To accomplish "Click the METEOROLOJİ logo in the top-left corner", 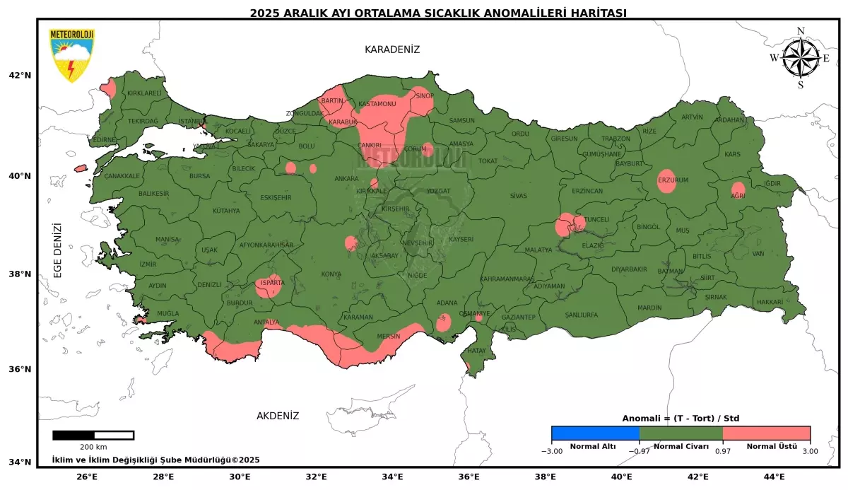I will [71, 55].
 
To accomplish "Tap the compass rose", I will [800, 58].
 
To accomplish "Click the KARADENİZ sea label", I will [392, 49].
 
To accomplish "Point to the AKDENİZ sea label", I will [278, 416].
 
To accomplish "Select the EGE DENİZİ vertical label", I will [58, 250].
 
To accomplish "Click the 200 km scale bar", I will [93, 435].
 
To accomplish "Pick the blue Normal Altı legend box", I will [595, 433].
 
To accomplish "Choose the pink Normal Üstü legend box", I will [766, 433].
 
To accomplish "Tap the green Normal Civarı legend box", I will [681, 433].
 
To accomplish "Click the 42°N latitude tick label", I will [20, 76].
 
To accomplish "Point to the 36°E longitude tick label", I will [469, 477].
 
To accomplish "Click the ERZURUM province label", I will [673, 180].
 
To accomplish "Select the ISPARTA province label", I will [273, 282].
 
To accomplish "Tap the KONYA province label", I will [331, 274].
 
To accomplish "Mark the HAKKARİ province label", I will [770, 302].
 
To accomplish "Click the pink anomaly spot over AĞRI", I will [738, 190].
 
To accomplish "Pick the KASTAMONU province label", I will [377, 104].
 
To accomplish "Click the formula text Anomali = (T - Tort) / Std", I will [681, 418].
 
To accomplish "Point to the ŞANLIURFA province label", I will [581, 315].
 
